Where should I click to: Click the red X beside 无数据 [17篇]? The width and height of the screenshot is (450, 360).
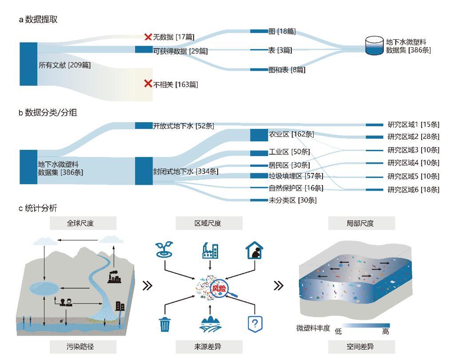(148, 36)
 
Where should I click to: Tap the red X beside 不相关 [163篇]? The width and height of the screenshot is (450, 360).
(148, 84)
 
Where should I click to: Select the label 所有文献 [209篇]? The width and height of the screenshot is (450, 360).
(64, 65)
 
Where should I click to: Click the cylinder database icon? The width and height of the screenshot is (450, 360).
(374, 46)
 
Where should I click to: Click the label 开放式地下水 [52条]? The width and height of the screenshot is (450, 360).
(183, 126)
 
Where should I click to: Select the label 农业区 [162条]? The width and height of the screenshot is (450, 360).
(291, 134)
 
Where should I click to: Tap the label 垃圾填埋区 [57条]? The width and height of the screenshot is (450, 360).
(294, 176)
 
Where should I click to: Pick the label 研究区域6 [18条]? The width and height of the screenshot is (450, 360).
(413, 190)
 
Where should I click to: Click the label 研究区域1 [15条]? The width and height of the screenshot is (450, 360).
(413, 124)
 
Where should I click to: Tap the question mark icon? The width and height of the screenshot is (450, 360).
(254, 324)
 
